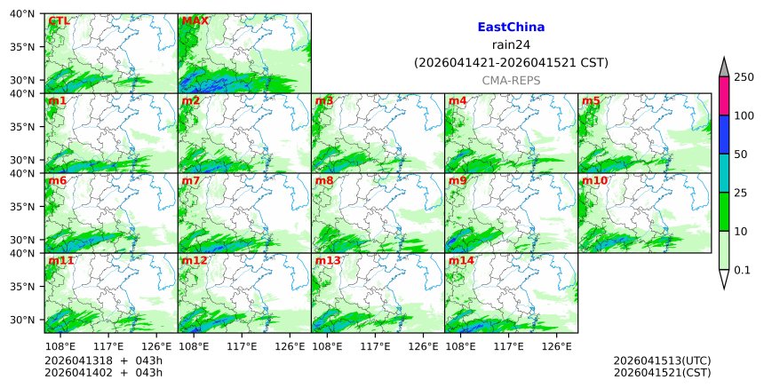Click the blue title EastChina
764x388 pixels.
(x=511, y=28)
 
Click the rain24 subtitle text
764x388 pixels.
(x=511, y=45)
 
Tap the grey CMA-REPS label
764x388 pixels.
(x=511, y=81)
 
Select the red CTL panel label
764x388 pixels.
(x=60, y=20)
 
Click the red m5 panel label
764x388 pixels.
(x=591, y=101)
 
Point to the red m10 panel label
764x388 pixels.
(x=594, y=181)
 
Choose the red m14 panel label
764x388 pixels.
(x=461, y=261)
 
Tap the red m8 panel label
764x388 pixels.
(x=324, y=181)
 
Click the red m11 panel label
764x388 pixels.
(x=60, y=261)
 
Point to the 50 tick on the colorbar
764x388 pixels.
(x=739, y=154)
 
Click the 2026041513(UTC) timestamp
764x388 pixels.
(x=662, y=360)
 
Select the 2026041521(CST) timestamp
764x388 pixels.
(x=662, y=372)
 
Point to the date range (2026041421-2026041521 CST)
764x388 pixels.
(x=511, y=63)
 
